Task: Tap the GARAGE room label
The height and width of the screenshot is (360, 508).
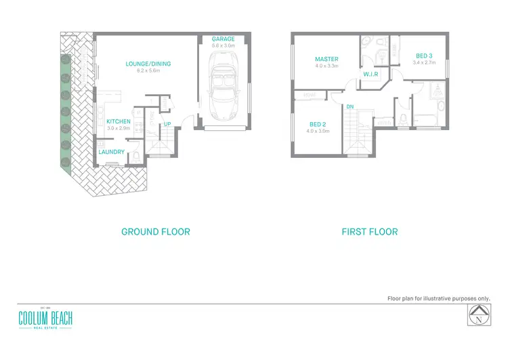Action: (224, 39)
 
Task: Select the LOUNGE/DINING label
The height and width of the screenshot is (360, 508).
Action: (148, 64)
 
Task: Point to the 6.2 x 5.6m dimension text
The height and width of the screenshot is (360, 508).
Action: (148, 71)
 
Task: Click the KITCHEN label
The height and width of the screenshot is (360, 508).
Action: (118, 121)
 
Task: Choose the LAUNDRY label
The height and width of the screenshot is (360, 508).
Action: (111, 152)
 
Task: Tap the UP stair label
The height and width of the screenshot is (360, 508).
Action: (167, 124)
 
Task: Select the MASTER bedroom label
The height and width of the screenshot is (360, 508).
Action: (326, 59)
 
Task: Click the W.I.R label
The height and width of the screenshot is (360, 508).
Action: (369, 73)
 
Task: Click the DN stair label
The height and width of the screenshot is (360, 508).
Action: (350, 107)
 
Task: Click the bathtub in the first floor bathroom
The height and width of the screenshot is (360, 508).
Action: (426, 121)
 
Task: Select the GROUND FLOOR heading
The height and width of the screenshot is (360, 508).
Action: (155, 232)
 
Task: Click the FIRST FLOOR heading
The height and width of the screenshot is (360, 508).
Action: (369, 232)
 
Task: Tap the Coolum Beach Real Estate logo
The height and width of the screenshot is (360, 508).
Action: (45, 317)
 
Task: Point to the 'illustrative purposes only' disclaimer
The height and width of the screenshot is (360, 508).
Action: (438, 298)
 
